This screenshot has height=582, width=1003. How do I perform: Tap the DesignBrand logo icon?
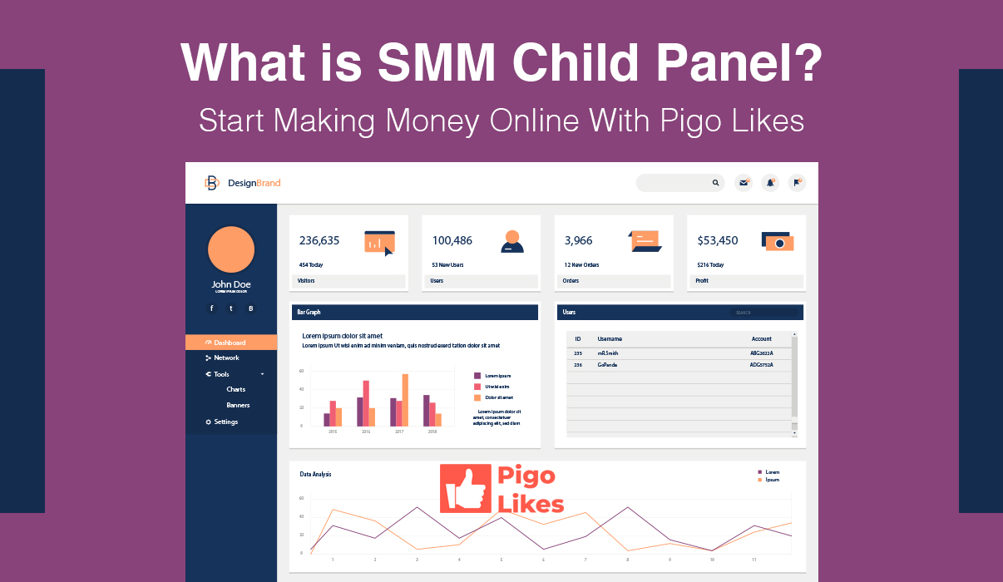[x=212, y=183]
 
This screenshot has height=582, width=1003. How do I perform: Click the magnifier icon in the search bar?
[x=715, y=183]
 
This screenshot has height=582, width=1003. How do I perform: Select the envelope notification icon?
[x=744, y=183]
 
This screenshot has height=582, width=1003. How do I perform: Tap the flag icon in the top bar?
[x=797, y=183]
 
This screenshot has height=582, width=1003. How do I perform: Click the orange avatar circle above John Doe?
[x=231, y=249]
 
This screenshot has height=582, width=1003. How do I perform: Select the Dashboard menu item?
[x=230, y=343]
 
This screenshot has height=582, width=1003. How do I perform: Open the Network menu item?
[x=226, y=358]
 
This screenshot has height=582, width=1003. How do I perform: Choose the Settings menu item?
[x=225, y=422]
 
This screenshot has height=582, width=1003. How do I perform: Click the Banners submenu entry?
[x=238, y=406]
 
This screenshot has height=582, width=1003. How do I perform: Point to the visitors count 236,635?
[x=319, y=241]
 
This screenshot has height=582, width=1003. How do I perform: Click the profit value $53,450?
[x=717, y=241]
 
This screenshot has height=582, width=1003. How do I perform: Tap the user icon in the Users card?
[x=512, y=241]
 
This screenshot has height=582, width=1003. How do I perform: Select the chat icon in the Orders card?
[x=645, y=241]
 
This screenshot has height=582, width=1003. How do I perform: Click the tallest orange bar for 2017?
[x=405, y=400]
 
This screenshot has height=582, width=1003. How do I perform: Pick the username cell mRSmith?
[x=607, y=353]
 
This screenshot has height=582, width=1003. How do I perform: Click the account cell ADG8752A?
[x=761, y=365]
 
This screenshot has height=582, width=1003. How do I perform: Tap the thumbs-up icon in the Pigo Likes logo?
[x=465, y=489]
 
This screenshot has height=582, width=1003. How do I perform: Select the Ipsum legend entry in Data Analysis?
[x=772, y=480]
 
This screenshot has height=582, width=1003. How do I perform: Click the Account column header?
[x=761, y=339]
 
